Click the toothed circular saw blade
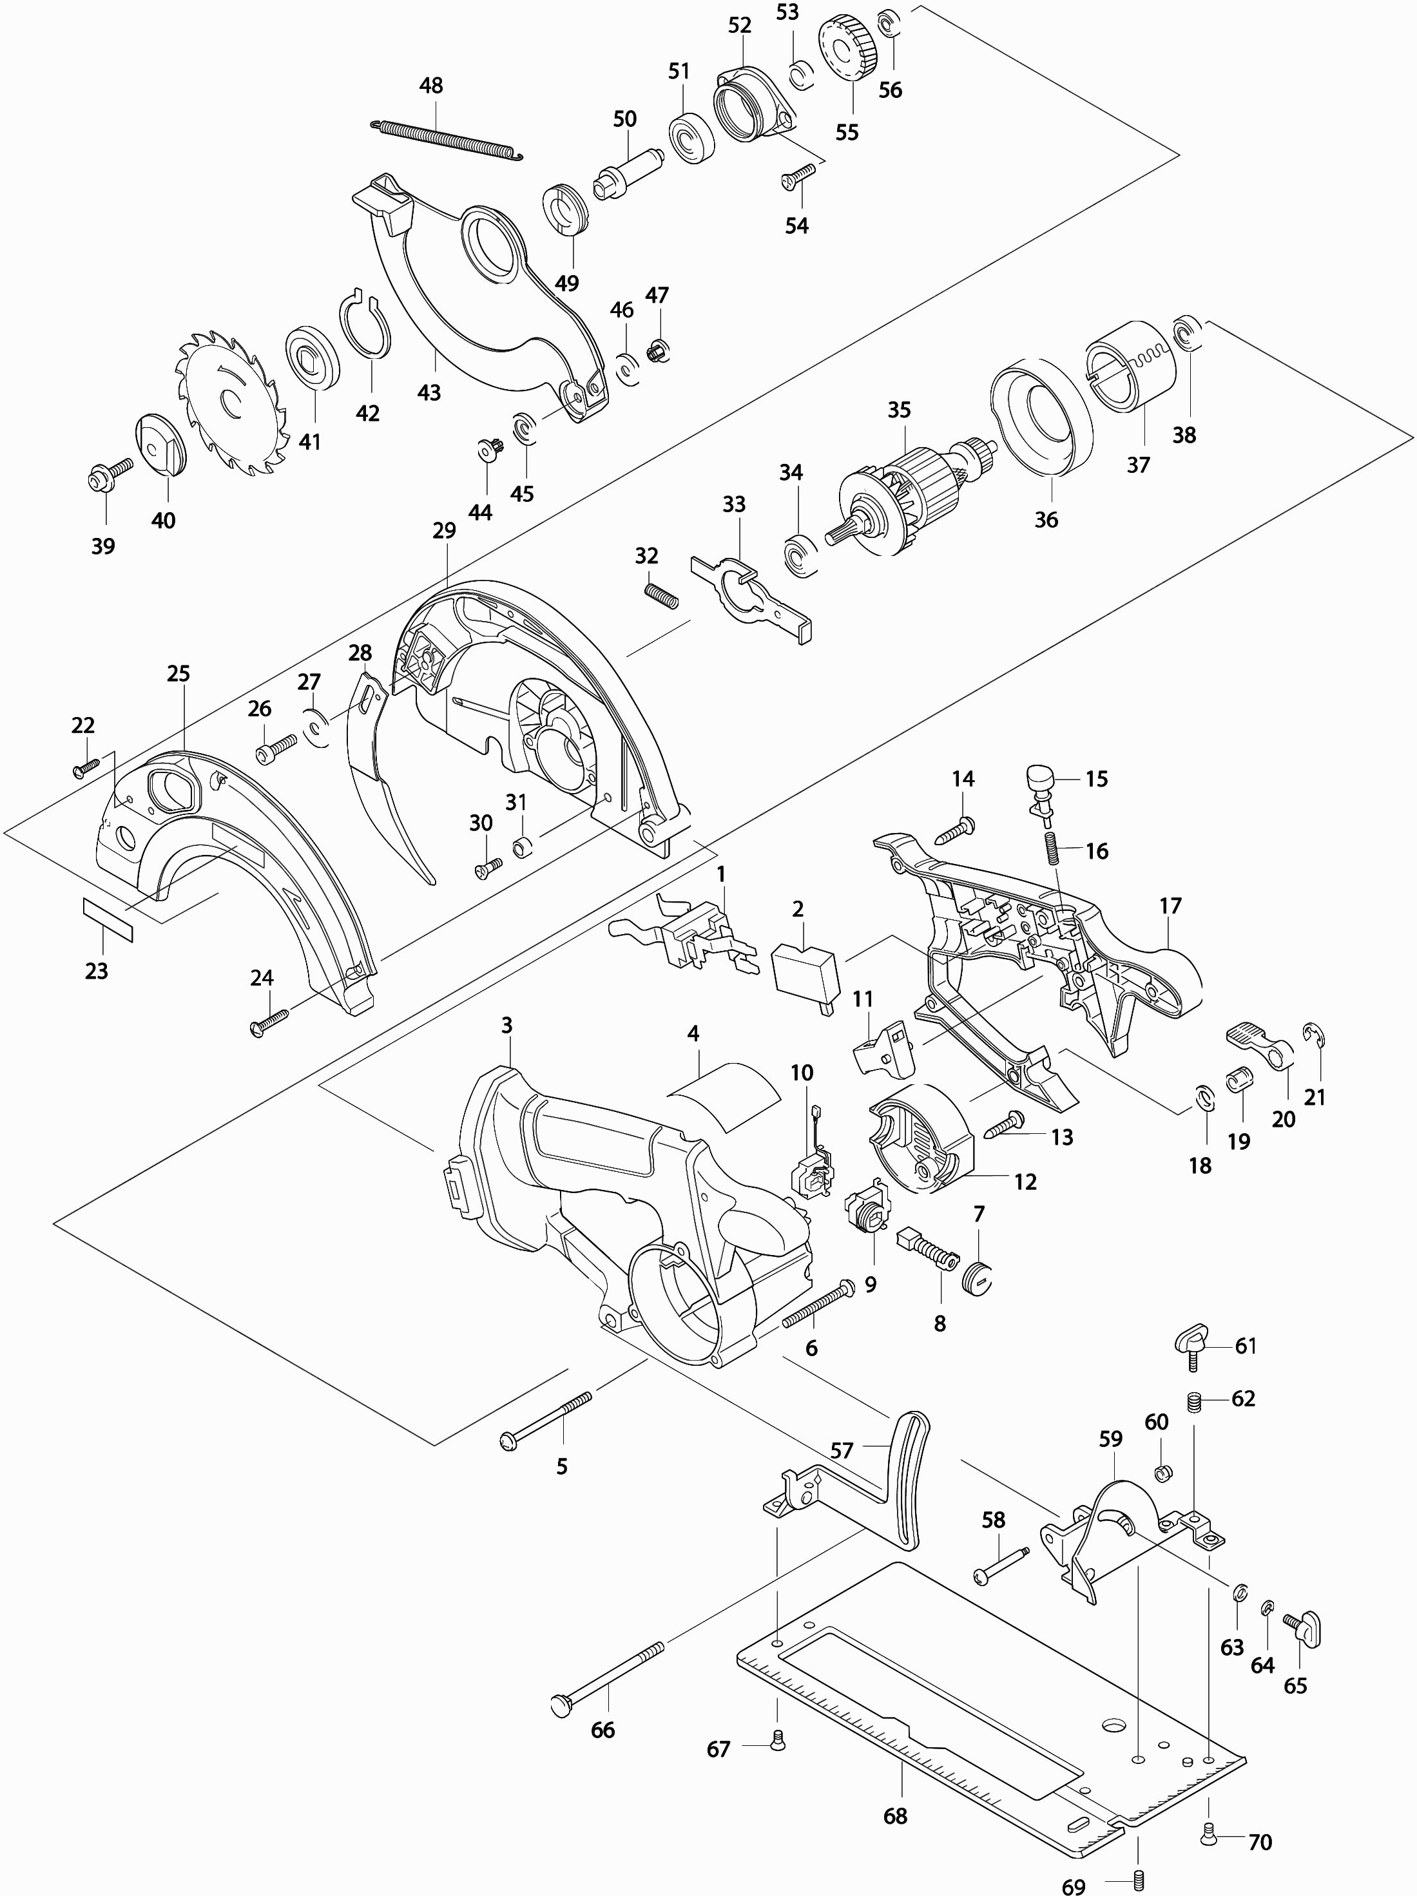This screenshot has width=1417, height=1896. tap(231, 402)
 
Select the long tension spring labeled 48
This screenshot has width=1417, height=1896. tap(447, 140)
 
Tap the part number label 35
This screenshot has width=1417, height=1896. tap(898, 410)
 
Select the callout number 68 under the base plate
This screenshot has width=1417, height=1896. tap(895, 1815)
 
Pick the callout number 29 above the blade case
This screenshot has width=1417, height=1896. tap(444, 531)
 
